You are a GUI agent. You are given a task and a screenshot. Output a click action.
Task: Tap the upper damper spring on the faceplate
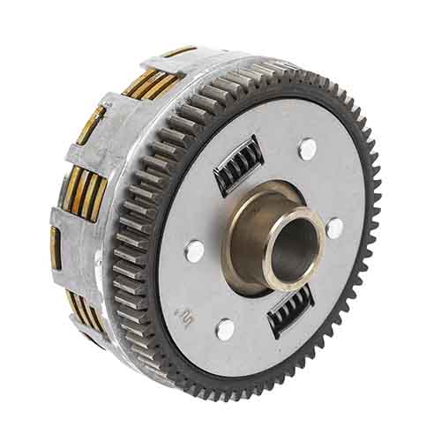(238, 164)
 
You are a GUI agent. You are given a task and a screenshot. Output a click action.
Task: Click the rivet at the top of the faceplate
(307, 149)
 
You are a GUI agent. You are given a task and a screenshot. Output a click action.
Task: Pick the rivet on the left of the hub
(194, 251)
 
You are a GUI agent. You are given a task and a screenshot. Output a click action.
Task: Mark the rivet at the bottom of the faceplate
(226, 329)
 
